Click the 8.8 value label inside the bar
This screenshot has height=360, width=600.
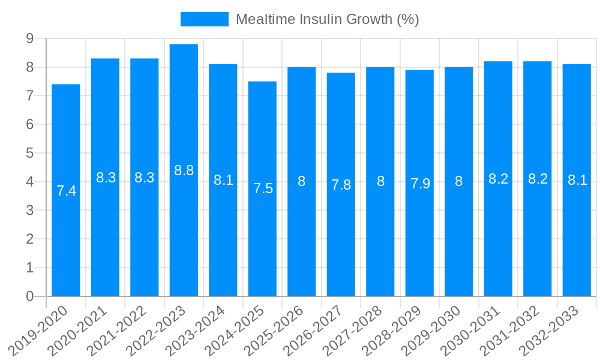(x=184, y=170)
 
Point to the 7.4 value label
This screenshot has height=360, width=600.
(x=66, y=191)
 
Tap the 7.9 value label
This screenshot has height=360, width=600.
(x=420, y=184)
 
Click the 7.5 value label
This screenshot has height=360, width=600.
(x=263, y=188)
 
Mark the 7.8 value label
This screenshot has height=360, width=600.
(x=341, y=185)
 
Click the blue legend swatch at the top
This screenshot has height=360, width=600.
(x=204, y=19)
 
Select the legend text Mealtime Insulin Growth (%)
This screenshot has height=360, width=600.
(x=327, y=19)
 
